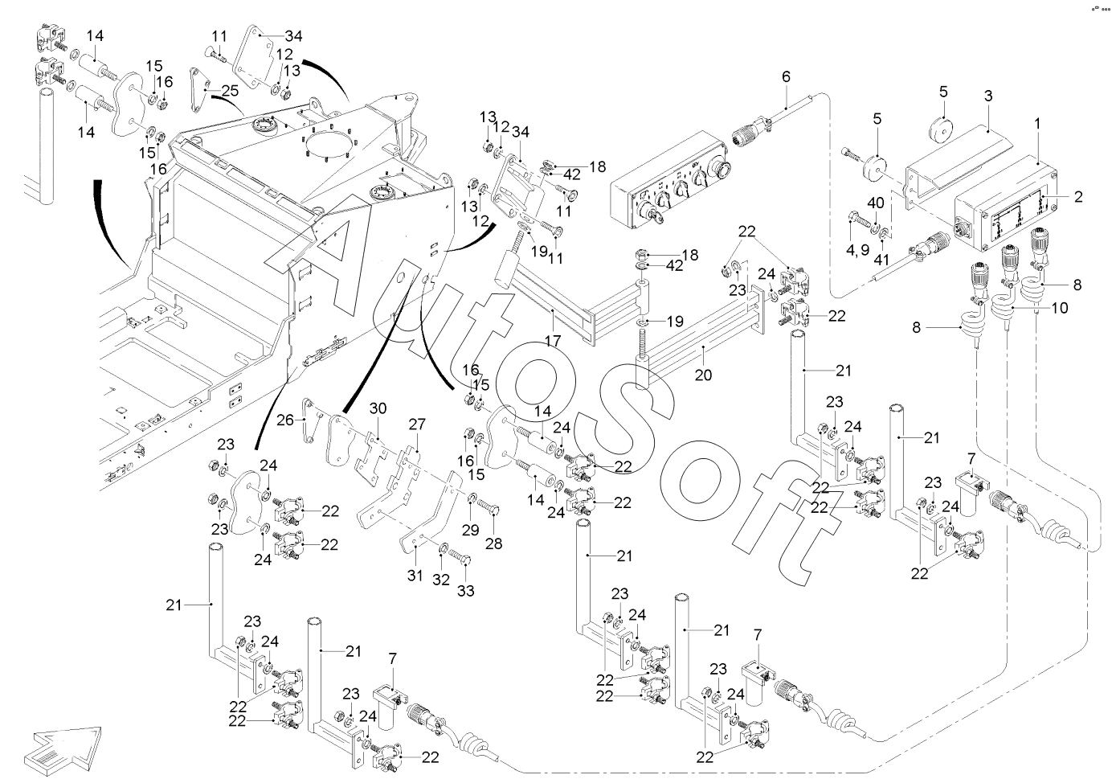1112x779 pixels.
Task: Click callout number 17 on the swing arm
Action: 552,340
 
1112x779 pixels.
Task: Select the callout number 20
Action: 704,375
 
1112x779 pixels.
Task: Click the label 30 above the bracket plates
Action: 378,408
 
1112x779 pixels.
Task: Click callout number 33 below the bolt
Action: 466,591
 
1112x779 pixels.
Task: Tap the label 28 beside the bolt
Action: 493,543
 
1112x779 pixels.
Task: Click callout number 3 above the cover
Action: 988,95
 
